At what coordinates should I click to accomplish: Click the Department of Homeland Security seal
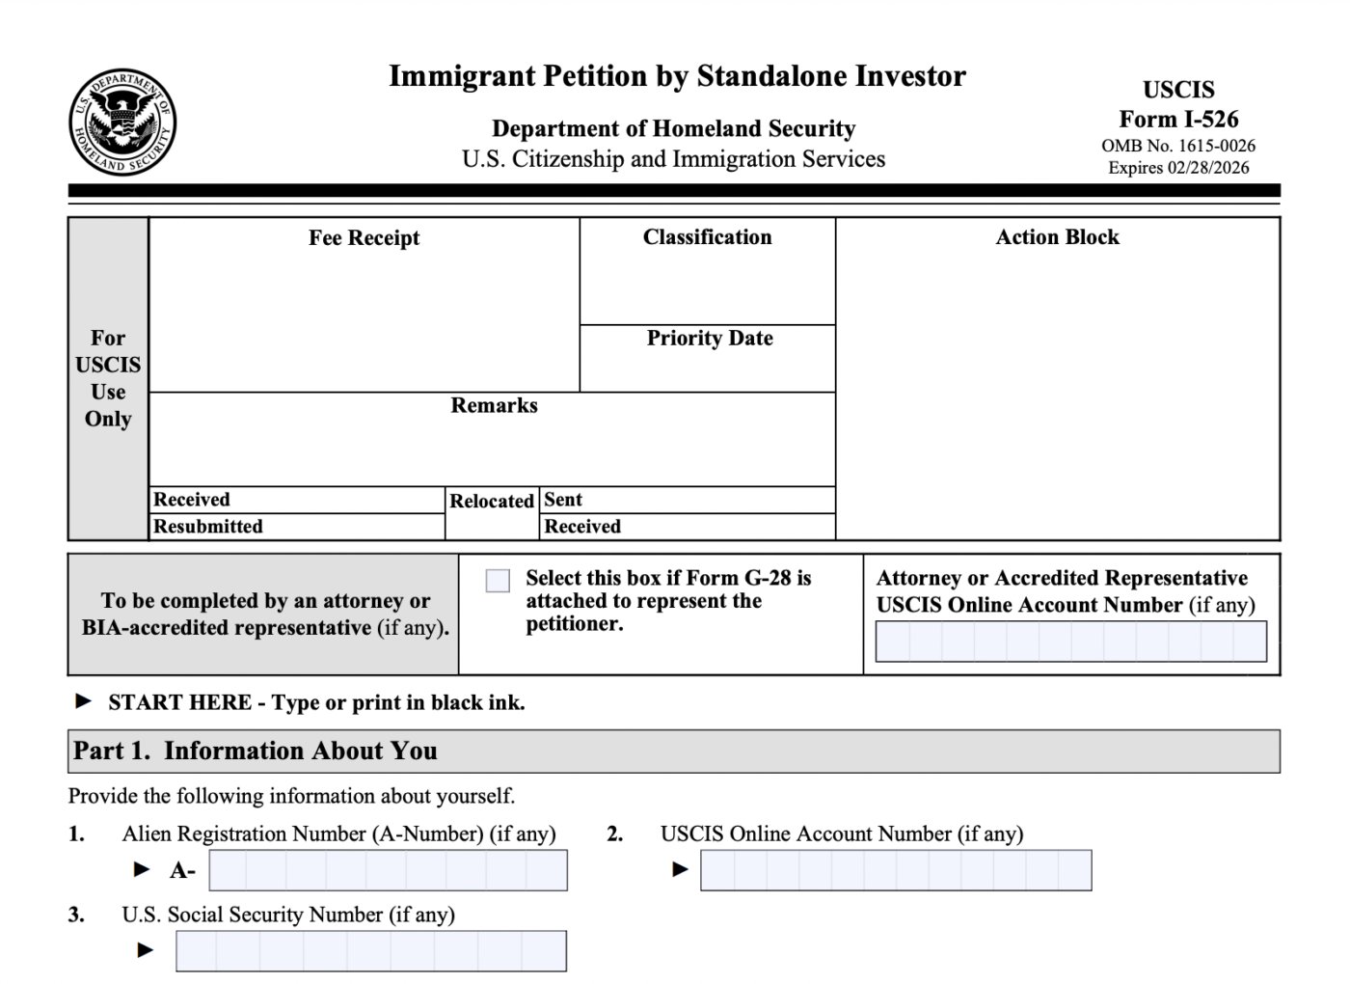(122, 123)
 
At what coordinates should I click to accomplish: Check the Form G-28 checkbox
(498, 581)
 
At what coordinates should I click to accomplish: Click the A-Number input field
(388, 870)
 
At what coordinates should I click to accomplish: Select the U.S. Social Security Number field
(371, 951)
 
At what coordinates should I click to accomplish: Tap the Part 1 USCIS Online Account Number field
(896, 870)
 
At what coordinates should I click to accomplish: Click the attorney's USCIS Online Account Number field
(1070, 642)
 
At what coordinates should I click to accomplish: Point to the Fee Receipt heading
(364, 238)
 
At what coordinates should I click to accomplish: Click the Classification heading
(707, 237)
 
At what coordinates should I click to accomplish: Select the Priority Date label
(710, 339)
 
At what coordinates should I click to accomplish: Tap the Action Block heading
(1057, 237)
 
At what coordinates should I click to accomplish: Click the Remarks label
(494, 406)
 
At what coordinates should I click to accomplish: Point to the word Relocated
(492, 502)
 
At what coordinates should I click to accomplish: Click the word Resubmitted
(208, 527)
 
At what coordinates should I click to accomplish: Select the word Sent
(563, 500)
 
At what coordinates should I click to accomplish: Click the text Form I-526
(1178, 120)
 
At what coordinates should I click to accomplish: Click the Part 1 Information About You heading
(256, 751)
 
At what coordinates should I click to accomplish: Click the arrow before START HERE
(84, 701)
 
